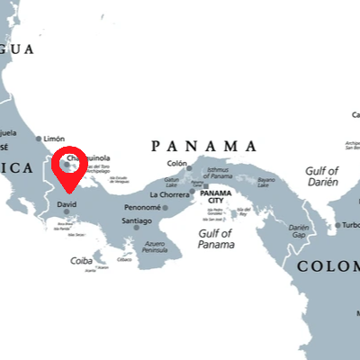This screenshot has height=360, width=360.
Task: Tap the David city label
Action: tap(67, 204)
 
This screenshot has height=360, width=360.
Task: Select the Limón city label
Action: tap(54, 139)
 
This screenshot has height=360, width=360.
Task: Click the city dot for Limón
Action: tap(39, 139)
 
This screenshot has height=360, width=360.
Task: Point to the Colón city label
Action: tap(177, 164)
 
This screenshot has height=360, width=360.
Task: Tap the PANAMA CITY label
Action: tap(217, 197)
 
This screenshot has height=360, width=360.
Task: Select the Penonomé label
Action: tap(142, 208)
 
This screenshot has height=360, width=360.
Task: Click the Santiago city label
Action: tap(136, 220)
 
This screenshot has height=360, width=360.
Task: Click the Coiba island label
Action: tap(80, 262)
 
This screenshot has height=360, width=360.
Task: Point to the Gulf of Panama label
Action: tap(216, 238)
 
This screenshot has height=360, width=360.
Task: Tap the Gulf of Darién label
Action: tap(321, 175)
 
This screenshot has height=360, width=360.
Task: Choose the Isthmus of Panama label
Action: tap(218, 173)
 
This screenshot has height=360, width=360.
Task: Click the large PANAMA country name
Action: tap(204, 146)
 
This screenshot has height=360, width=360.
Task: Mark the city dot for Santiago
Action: tap(137, 228)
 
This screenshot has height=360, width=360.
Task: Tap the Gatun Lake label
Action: tap(171, 182)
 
